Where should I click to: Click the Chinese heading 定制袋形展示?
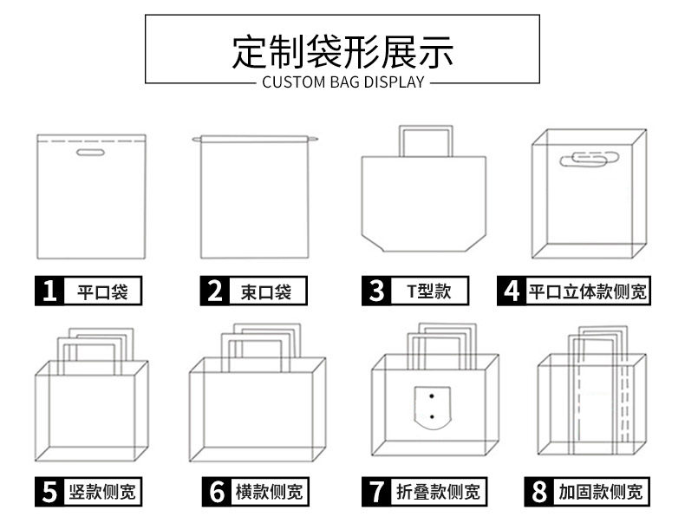click(x=342, y=51)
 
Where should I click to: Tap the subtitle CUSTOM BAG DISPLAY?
click(x=342, y=83)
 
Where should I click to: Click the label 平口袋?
click(x=102, y=291)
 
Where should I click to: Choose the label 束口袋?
click(x=266, y=291)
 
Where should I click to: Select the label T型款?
click(x=429, y=291)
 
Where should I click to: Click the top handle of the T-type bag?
click(x=425, y=130)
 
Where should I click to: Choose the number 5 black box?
click(x=50, y=492)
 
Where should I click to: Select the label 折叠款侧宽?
click(x=437, y=492)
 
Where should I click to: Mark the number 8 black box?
click(x=538, y=492)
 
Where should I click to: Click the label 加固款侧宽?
click(x=600, y=492)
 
